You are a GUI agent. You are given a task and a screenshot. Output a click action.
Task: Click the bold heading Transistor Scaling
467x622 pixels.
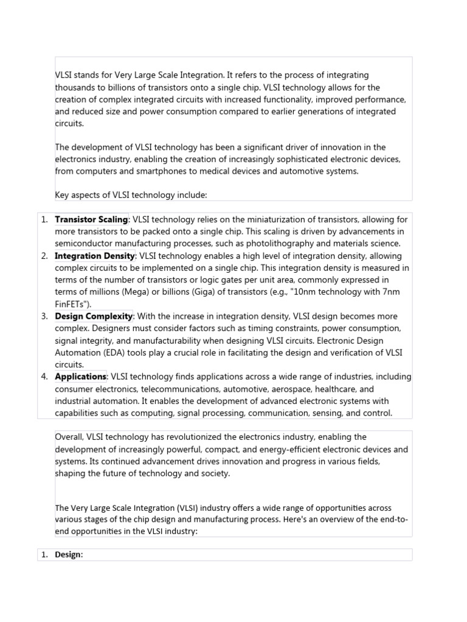coord(91,219)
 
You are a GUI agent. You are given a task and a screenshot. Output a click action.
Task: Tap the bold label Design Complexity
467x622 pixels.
coord(94,316)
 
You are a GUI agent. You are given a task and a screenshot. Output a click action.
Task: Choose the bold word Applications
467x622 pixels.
coord(80,377)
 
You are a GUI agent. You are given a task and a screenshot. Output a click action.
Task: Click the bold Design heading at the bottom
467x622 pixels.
coord(68,555)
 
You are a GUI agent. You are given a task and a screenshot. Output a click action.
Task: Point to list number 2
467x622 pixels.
coord(44,256)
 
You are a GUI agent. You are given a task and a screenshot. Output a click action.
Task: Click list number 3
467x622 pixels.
coord(44,316)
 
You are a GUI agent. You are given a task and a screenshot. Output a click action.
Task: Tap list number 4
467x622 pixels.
coord(44,377)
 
